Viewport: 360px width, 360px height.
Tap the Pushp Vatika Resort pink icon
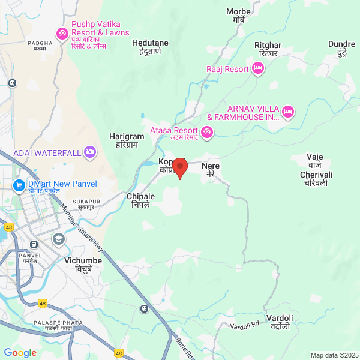click(61, 32)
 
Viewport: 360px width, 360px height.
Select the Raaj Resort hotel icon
click(258, 70)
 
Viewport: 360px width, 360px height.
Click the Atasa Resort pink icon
click(207, 131)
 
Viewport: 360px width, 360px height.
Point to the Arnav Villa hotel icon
click(288, 112)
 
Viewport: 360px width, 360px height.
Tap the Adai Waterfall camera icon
click(90, 152)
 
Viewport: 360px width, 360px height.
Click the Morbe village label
click(239, 16)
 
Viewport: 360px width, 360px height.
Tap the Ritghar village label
click(267, 49)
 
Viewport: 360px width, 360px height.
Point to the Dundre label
click(341, 48)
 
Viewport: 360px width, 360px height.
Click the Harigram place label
click(127, 141)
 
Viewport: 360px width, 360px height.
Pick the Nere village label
click(211, 168)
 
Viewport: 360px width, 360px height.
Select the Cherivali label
click(316, 178)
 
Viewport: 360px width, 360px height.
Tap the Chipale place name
click(141, 200)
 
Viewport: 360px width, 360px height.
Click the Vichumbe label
click(83, 265)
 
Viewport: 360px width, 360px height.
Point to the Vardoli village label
click(280, 322)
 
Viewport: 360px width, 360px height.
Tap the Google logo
click(20, 352)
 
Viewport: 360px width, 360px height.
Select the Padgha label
click(40, 45)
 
